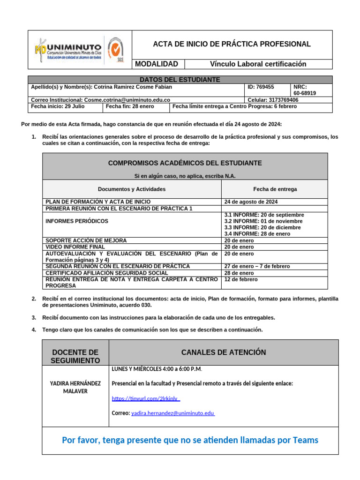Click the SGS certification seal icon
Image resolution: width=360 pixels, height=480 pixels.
116,49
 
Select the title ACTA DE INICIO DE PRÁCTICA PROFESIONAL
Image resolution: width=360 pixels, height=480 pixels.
232,44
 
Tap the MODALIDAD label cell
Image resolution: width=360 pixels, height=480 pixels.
157,64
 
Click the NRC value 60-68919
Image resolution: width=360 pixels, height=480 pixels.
305,93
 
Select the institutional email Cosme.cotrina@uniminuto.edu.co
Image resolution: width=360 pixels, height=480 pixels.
127,100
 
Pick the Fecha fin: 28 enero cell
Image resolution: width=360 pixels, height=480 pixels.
124,106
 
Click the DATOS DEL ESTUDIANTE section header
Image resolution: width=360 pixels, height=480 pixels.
180,80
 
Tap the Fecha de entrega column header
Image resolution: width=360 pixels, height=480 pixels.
275,189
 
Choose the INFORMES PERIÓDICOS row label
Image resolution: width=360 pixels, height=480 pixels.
77,221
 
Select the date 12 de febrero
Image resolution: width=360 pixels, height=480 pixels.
241,279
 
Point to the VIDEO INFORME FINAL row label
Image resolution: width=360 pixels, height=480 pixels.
75,247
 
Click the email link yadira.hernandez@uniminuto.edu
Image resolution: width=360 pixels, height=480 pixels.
172,413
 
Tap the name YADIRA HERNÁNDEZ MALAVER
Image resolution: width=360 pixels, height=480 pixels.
75,387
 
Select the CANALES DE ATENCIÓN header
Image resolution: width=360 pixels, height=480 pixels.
223,352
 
